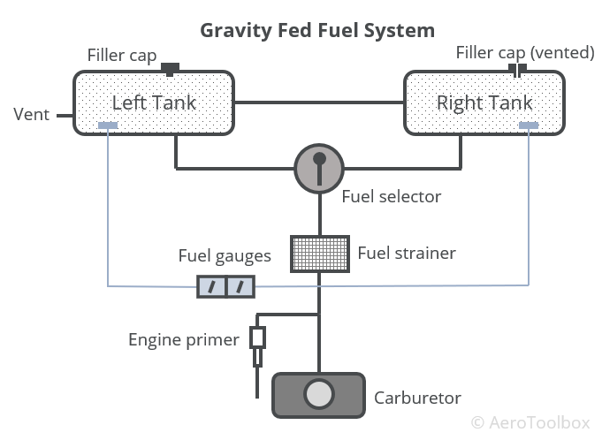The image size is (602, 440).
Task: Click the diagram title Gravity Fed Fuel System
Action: pos(318,30)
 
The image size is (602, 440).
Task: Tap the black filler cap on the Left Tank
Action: pos(170,68)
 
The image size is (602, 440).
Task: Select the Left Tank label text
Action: pos(154,102)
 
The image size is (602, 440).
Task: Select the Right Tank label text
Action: pos(484,102)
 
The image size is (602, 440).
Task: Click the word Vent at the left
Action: pos(31,115)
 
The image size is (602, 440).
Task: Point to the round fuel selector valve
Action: pos(319,168)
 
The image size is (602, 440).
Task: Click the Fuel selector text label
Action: pos(391,195)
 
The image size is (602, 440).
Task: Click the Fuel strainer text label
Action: pos(407,254)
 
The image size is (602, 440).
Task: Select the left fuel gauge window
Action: pos(212,285)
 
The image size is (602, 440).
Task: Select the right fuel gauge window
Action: pos(241,285)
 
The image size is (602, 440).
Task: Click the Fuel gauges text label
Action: pos(225,257)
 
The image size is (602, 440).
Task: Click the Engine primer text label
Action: pos(184,339)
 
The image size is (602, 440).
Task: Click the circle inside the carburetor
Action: pos(319,394)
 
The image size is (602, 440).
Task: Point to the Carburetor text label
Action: pos(418,397)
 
